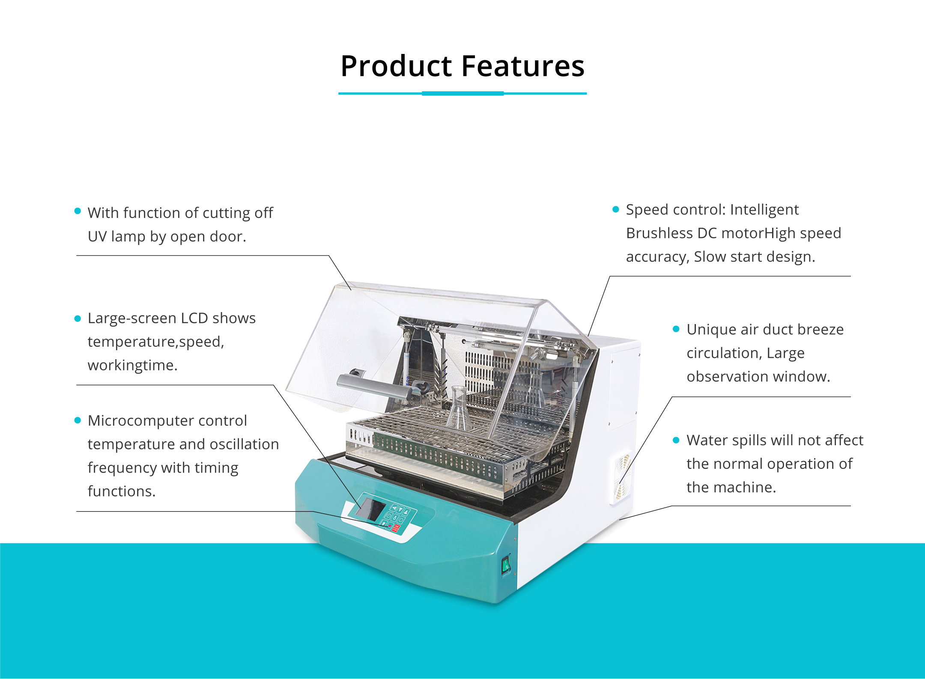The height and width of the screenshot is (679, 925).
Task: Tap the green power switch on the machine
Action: point(506,565)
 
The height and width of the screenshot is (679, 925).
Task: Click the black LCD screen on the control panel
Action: point(371,509)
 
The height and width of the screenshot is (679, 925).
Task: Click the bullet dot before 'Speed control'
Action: point(616,209)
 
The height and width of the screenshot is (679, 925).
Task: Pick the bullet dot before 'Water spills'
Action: point(676,440)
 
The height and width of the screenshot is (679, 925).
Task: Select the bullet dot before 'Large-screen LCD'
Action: point(78,318)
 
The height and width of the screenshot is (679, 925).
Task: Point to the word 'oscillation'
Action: point(244,444)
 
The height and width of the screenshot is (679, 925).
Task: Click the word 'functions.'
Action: point(122,491)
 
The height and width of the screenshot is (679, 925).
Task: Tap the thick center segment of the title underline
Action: point(462,93)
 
